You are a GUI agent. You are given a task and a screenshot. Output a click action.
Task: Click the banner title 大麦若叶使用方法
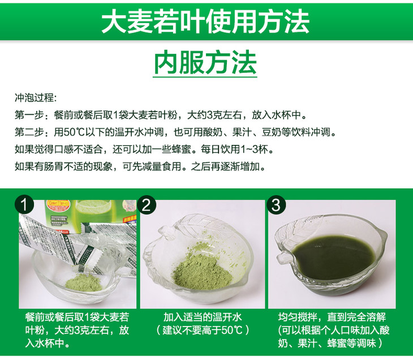point(205,22)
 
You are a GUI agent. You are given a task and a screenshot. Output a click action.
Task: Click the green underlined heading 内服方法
point(205,63)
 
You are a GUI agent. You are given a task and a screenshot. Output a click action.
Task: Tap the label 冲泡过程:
point(36,98)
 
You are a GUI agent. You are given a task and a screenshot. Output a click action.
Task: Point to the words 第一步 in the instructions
point(29,115)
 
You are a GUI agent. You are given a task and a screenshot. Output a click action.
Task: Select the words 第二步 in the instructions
point(29,132)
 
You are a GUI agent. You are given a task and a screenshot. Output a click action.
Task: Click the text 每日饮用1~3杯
point(235,149)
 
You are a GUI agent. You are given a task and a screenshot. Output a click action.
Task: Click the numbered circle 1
point(24,204)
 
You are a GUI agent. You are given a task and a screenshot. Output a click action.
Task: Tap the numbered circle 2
point(146,204)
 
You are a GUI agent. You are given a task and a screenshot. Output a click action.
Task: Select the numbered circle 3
point(276,204)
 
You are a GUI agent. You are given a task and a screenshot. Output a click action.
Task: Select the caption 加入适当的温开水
point(203,317)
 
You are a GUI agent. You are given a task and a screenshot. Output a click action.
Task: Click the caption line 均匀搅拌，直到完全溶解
point(332,317)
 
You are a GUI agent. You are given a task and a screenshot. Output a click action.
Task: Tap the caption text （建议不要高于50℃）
point(203,330)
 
